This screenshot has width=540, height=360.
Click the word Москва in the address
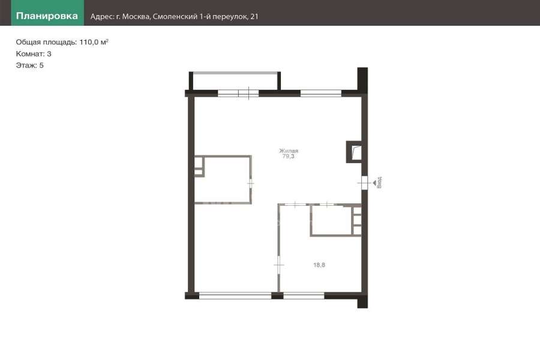click(x=136, y=17)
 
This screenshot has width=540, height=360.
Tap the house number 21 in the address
click(x=254, y=17)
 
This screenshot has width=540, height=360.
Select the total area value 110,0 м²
click(x=94, y=42)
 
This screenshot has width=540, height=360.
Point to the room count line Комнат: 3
click(x=34, y=54)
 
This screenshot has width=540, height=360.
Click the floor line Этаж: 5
click(x=29, y=65)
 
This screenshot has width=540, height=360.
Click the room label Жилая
click(x=289, y=151)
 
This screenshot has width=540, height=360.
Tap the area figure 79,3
click(x=288, y=156)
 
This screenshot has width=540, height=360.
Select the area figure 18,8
click(x=319, y=265)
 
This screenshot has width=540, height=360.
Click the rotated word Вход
click(x=379, y=182)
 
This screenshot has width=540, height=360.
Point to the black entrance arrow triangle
click(x=374, y=183)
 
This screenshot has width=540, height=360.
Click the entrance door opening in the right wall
click(x=364, y=183)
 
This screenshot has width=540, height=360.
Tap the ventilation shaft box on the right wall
click(x=354, y=152)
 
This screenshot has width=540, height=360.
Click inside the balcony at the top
click(x=235, y=82)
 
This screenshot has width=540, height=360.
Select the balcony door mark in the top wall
click(x=248, y=93)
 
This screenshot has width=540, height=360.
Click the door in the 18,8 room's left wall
click(x=279, y=265)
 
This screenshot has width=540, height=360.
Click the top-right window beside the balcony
click(x=320, y=93)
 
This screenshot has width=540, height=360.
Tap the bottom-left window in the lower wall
click(x=235, y=296)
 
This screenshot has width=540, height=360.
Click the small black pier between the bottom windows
click(x=277, y=296)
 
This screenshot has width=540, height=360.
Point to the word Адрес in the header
click(x=102, y=17)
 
